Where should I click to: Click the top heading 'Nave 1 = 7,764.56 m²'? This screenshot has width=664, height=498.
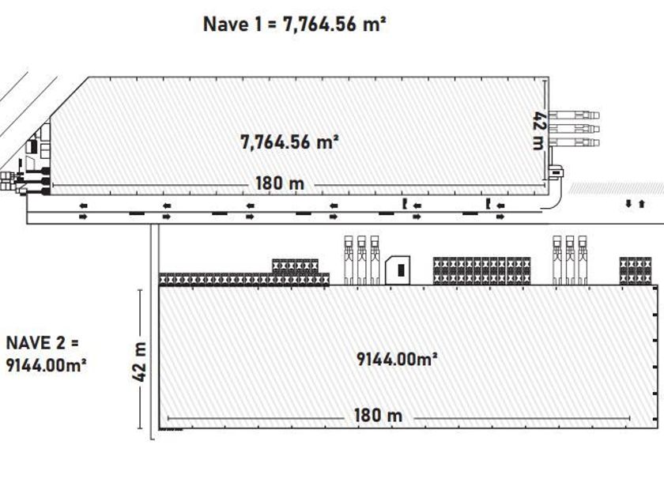click(x=294, y=25)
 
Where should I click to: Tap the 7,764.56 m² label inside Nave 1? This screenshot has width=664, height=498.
click(x=289, y=141)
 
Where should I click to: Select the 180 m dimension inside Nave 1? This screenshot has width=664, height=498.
click(x=280, y=183)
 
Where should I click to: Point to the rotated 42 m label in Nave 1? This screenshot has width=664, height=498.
click(x=538, y=130)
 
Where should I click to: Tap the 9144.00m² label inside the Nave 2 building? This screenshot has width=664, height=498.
click(x=397, y=359)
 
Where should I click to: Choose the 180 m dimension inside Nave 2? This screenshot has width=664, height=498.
click(x=378, y=416)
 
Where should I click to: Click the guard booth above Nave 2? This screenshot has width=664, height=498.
click(x=398, y=270)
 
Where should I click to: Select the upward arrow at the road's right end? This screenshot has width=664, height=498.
click(x=642, y=204)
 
